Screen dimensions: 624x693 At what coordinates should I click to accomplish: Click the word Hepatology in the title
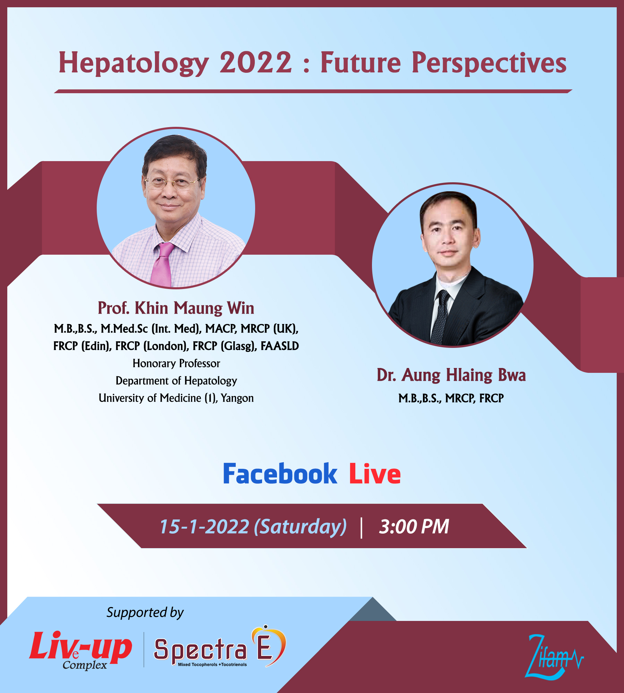pos(134,63)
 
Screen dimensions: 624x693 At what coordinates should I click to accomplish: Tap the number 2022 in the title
pos(256,62)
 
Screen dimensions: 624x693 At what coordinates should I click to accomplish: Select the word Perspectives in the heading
pos(489,63)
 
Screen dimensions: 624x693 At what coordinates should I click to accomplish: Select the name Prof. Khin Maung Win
pos(176,308)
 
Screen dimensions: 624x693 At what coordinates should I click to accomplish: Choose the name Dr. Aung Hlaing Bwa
pos(451,375)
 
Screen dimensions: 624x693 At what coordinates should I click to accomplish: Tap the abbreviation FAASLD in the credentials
pos(280,346)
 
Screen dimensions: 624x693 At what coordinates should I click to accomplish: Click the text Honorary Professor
pos(176,363)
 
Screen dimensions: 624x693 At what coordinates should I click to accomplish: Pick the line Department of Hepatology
pos(176,381)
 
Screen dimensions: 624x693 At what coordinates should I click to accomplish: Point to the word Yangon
pos(237,398)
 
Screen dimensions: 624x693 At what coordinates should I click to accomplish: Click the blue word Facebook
pos(280,474)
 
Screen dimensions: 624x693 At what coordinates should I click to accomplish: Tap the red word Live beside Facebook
pos(375,474)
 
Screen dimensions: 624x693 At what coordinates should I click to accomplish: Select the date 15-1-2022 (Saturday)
pos(253,527)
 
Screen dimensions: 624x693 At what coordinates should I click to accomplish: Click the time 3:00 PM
pos(414,527)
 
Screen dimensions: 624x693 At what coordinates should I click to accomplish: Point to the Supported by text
pos(145,613)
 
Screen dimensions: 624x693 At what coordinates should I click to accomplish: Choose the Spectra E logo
pos(220,647)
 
